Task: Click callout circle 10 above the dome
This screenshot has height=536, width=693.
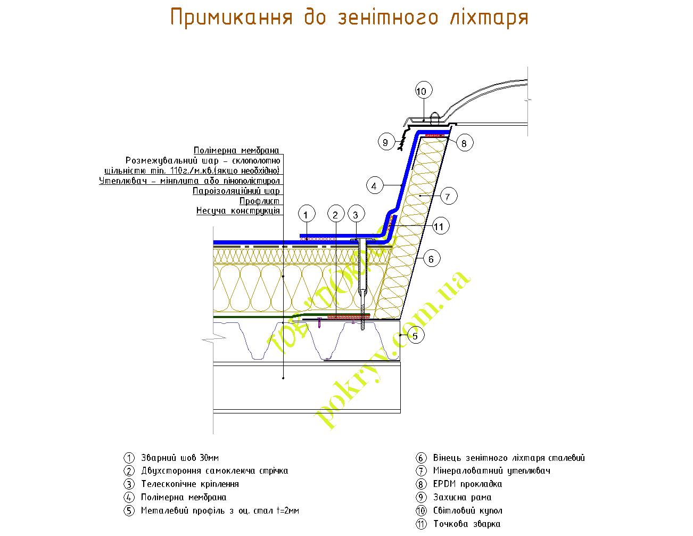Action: (421, 92)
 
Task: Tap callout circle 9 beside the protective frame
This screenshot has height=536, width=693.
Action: (385, 142)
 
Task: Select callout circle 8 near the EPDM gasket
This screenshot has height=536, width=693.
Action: (464, 143)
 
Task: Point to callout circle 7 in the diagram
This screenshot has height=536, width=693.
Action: (448, 197)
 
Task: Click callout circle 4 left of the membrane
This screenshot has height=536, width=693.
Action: (374, 186)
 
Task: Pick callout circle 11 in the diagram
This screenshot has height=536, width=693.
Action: (438, 227)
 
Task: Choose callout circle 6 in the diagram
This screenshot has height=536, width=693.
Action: (431, 259)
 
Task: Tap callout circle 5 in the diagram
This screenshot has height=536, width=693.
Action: (415, 336)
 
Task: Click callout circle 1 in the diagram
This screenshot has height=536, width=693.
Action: (306, 215)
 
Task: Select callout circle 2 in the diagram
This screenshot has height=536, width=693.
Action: (335, 215)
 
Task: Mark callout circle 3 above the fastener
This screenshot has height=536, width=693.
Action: (356, 215)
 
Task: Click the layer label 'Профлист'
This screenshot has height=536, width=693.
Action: (259, 201)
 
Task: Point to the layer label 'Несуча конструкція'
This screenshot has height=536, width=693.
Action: (238, 211)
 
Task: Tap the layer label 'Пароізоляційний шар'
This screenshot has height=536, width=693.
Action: (236, 191)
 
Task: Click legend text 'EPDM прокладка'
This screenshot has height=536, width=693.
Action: (467, 484)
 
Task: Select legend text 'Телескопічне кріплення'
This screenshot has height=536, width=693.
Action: (189, 484)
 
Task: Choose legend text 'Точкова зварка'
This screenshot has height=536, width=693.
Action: (466, 524)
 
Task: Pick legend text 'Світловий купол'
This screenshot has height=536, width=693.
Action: (467, 511)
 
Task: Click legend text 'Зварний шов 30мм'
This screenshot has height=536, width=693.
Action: (180, 458)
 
